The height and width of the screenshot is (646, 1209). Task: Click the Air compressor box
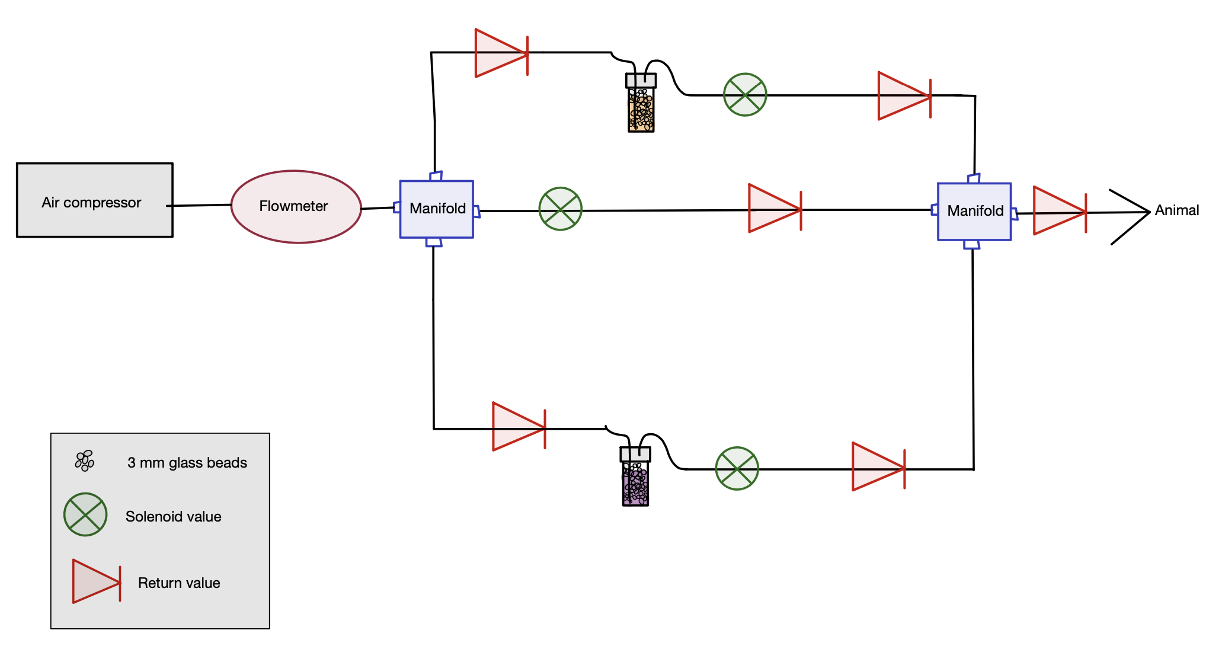coord(95,200)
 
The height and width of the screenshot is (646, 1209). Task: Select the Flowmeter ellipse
coord(296,207)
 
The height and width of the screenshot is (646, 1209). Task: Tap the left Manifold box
coord(437,209)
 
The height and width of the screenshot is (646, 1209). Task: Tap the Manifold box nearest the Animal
coord(974,212)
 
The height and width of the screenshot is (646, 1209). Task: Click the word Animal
coord(1176,210)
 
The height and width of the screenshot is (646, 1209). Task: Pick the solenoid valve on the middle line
coord(560,209)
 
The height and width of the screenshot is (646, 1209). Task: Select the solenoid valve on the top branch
coord(745,95)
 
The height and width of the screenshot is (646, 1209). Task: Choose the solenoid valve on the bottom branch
coord(737,468)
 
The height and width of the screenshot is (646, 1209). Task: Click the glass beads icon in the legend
coord(85,460)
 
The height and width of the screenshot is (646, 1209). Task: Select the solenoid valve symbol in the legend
coord(85,514)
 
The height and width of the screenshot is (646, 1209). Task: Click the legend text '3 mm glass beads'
coord(187,463)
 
